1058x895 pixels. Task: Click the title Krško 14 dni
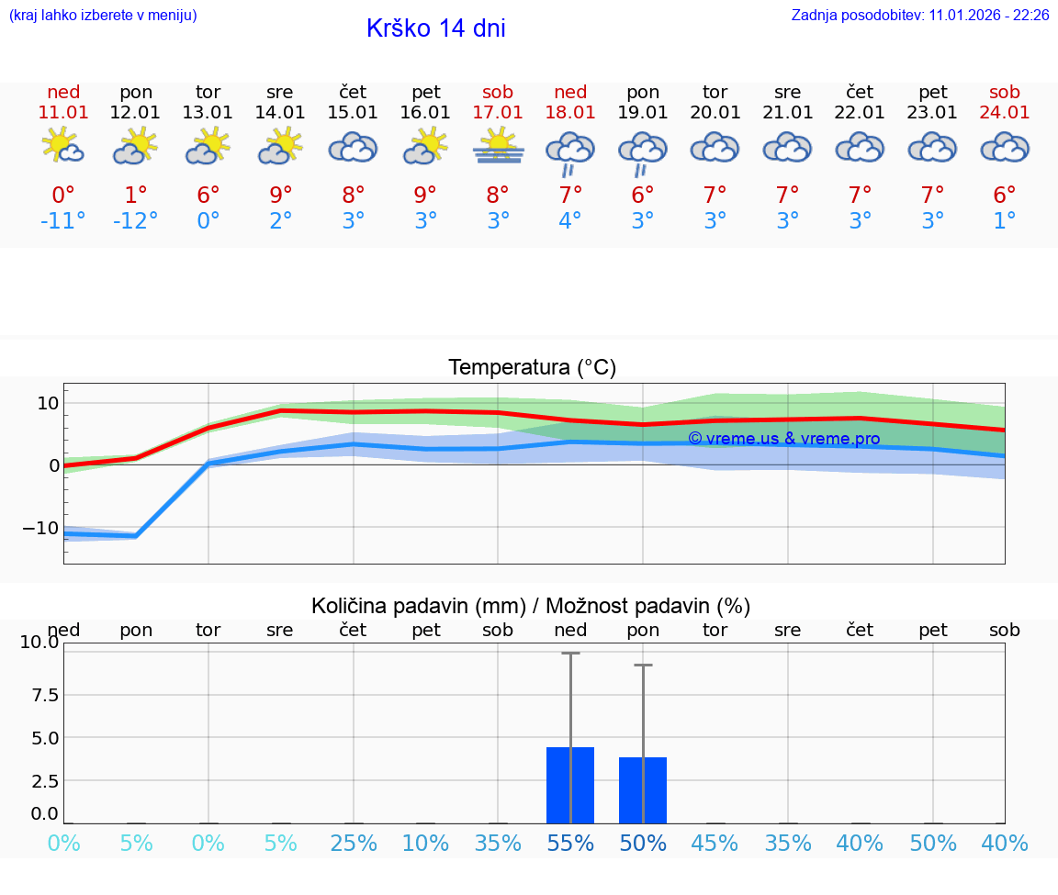(435, 28)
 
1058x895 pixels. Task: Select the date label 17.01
(498, 113)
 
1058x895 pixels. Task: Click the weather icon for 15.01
(354, 148)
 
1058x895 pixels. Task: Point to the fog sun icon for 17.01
(498, 147)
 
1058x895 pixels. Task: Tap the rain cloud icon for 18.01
(570, 151)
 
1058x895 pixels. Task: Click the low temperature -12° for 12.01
(136, 221)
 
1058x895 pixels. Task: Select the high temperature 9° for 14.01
(281, 196)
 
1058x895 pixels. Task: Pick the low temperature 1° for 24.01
(1005, 221)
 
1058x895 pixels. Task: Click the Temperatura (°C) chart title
(532, 368)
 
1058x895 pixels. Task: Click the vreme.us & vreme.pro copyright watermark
(783, 439)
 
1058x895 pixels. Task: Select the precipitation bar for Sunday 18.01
(570, 786)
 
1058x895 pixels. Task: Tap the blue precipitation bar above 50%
(643, 790)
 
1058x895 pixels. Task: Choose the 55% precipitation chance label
(570, 844)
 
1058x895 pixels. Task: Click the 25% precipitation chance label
(354, 844)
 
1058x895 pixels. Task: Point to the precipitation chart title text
(531, 606)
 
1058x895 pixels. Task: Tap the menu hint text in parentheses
(103, 16)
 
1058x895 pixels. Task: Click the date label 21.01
(788, 113)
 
